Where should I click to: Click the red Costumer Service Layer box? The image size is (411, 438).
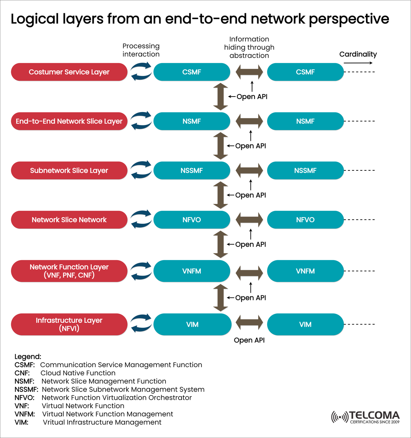coord(69,72)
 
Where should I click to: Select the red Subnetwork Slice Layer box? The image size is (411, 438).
coord(69,170)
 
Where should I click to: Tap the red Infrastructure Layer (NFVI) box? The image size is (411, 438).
coord(69,324)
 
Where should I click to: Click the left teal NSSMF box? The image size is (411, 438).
coord(192,170)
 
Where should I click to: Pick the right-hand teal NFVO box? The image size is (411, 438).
coord(305,220)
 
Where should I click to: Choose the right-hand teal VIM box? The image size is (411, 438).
coord(305,324)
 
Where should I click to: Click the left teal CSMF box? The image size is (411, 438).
coord(192,72)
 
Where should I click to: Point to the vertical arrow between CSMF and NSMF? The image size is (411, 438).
coord(220,97)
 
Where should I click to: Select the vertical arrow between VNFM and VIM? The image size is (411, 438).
coord(220,298)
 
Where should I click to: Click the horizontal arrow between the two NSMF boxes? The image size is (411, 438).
coord(249,121)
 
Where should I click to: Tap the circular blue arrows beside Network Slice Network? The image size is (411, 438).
coord(141,220)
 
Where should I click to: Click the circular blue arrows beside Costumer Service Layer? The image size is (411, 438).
coord(141,72)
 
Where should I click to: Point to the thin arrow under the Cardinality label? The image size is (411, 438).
coord(358,63)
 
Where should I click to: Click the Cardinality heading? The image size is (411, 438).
coord(358,54)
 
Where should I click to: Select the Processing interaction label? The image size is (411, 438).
coord(141,50)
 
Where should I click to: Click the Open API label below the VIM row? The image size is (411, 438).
coord(249,340)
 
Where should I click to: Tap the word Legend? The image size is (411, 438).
coord(28,357)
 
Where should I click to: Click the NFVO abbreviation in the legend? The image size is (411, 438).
coord(25,398)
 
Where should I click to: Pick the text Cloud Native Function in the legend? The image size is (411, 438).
coord(78,373)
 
